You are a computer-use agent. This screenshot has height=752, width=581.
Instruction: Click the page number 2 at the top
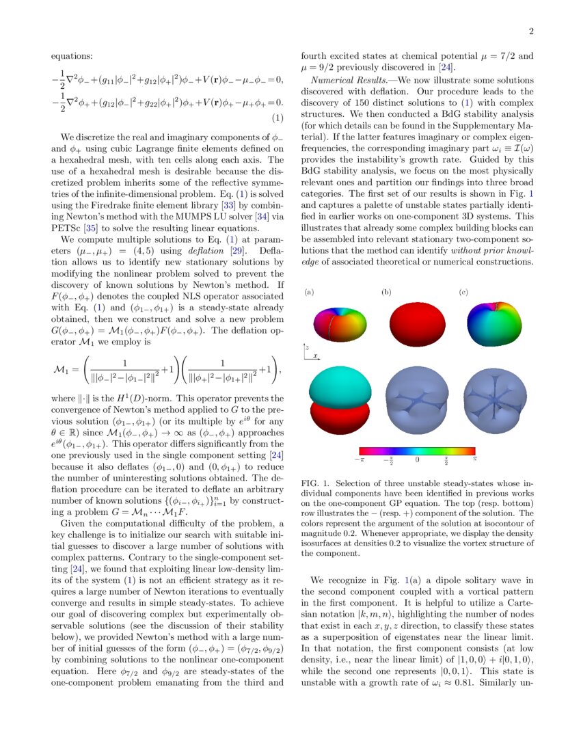[x=530, y=31]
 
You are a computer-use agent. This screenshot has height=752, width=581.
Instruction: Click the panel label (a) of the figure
[x=309, y=293]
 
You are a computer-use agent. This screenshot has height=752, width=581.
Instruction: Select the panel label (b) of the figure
[x=386, y=293]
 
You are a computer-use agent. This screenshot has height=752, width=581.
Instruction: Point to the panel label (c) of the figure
[x=463, y=293]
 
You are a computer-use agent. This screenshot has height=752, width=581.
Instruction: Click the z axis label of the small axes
[x=308, y=347]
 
